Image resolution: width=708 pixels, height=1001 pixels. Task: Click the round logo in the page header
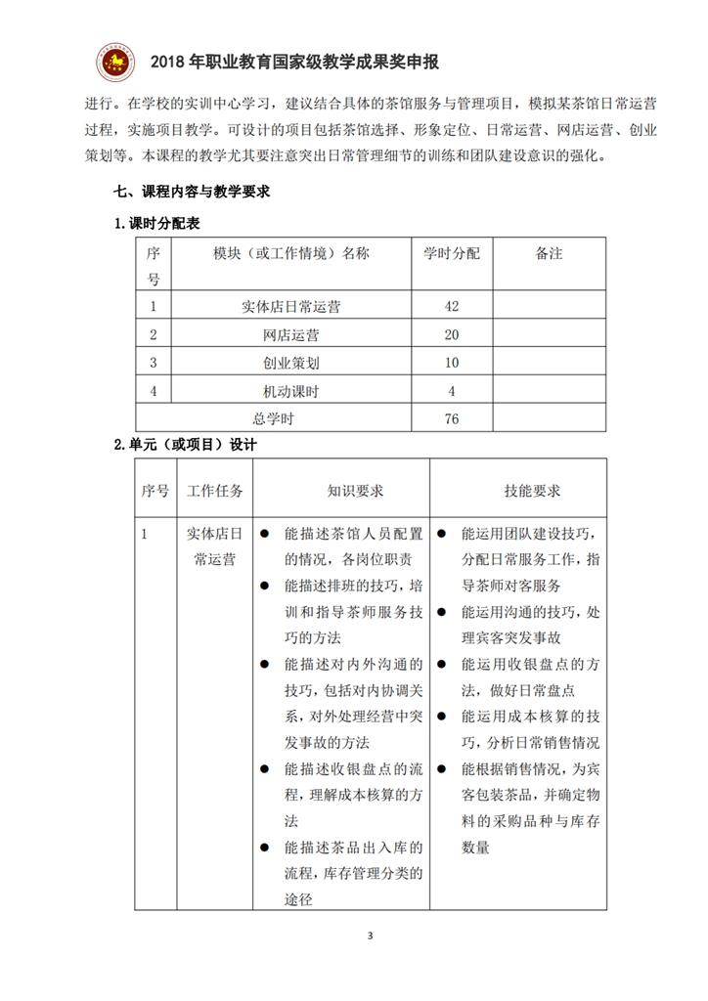pos(114,64)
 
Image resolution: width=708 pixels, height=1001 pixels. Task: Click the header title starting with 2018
pos(294,64)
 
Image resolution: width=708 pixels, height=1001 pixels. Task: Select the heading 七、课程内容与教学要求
pos(192,193)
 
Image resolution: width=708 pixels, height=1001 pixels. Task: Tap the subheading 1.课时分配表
pos(156,224)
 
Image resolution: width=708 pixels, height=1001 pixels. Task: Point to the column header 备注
pos(549,253)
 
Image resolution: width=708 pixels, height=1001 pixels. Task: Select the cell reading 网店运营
pos(290,334)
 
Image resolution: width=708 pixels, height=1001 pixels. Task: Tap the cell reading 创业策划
pos(290,363)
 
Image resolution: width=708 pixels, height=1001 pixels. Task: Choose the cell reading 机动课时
pos(290,391)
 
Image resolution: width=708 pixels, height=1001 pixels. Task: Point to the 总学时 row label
pos(274,419)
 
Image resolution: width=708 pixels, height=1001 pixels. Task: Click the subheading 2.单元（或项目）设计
pos(185,446)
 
